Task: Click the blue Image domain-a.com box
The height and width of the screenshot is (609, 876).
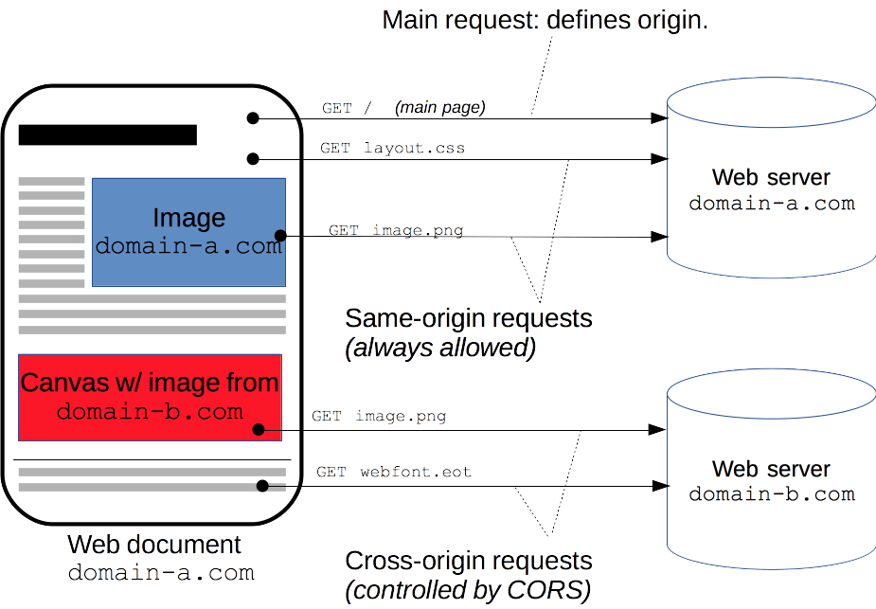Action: pyautogui.click(x=188, y=232)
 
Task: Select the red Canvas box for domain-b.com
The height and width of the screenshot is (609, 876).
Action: pyautogui.click(x=150, y=397)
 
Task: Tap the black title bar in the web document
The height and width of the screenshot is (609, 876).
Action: pyautogui.click(x=107, y=134)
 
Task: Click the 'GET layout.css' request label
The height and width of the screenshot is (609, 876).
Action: pyautogui.click(x=392, y=149)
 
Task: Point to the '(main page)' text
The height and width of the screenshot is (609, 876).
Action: pyautogui.click(x=439, y=108)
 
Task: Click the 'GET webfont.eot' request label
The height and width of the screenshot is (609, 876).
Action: pyautogui.click(x=394, y=472)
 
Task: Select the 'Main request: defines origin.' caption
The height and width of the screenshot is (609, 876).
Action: pyautogui.click(x=545, y=20)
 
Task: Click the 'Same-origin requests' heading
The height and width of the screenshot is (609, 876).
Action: pyautogui.click(x=468, y=317)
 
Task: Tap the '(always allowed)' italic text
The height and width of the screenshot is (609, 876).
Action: pyautogui.click(x=440, y=348)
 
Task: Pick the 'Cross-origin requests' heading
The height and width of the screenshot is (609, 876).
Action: pyautogui.click(x=468, y=561)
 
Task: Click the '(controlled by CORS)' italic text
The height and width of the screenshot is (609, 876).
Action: pyautogui.click(x=468, y=591)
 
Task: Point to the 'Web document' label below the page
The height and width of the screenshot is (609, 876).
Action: pyautogui.click(x=154, y=546)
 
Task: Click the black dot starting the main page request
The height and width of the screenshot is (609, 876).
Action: pyautogui.click(x=253, y=118)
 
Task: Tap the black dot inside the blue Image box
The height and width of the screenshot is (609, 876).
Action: pyautogui.click(x=279, y=236)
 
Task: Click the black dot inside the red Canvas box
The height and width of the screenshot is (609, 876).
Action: pyautogui.click(x=259, y=430)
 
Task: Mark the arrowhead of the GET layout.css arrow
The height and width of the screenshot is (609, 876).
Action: pyautogui.click(x=658, y=159)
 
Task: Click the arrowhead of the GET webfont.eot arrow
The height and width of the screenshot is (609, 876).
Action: pyautogui.click(x=658, y=487)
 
